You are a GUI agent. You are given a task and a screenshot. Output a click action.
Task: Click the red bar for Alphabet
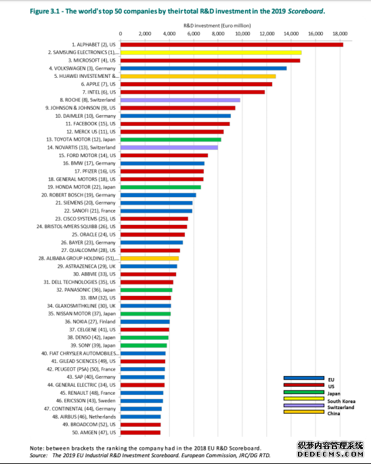pos(232,45)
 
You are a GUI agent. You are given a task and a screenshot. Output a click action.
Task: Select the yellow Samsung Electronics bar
pos(211,53)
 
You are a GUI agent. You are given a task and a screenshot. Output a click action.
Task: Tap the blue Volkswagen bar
pos(204,68)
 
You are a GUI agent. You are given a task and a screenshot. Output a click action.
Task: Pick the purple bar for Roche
pos(180,100)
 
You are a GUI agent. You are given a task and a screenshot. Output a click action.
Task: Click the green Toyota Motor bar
pos(171,140)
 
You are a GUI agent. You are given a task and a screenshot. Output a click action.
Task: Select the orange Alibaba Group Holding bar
pos(150,258)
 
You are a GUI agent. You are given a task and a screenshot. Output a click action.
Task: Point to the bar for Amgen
pos(140,433)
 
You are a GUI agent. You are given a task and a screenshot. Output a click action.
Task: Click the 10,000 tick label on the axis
pos(242,34)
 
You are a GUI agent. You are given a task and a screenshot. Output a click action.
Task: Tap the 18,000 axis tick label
pos(340,34)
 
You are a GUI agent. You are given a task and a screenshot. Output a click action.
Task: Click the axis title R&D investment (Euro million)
pos(217,26)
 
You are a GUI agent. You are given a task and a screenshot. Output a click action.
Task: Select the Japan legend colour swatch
pos(304,392)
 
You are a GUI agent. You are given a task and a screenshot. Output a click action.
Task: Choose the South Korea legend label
pos(341,401)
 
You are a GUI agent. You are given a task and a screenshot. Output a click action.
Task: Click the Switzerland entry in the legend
pos(341,408)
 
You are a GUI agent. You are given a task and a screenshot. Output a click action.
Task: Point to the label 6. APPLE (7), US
pos(98,85)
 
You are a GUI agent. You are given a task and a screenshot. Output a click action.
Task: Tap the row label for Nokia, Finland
pos(90,322)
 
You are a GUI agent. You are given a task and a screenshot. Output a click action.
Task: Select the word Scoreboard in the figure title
pos(305,12)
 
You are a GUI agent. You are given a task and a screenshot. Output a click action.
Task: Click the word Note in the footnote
pos(36,448)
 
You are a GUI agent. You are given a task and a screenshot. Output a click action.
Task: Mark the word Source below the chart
pos(38,455)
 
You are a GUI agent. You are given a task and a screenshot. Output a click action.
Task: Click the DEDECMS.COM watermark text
pos(330,454)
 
